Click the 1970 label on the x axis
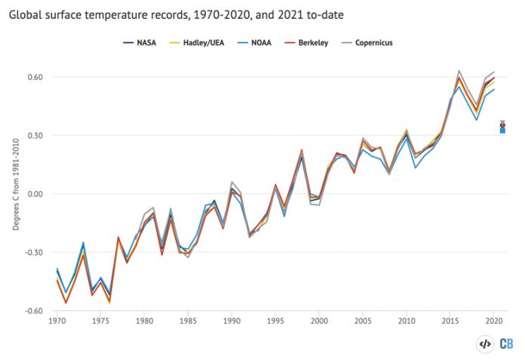[x=56, y=322]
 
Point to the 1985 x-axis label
[x=188, y=322]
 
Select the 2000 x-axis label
[x=319, y=322]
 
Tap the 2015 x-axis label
[x=450, y=322]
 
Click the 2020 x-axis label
[x=494, y=322]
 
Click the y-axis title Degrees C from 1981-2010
[x=16, y=193]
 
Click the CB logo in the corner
[x=507, y=343]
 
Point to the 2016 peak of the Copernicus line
[x=459, y=71]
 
